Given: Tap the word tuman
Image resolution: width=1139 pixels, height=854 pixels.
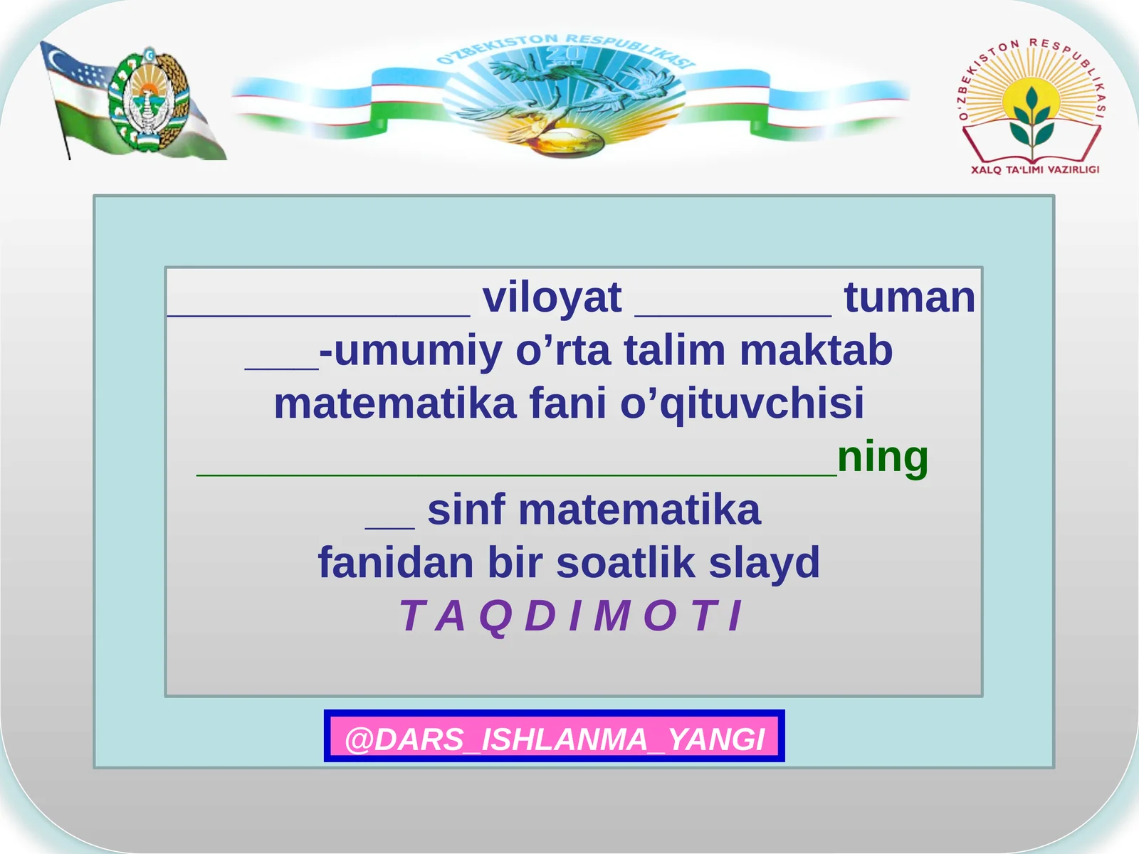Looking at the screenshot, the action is pos(910,297).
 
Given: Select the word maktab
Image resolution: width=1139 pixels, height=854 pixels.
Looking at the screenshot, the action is pos(816,351).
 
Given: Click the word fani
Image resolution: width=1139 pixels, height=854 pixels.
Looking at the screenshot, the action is pos(567,403).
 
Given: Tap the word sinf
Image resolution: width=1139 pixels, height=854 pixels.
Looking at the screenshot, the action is pos(466,510).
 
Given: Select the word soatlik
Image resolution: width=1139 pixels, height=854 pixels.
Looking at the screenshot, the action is pos(625,563).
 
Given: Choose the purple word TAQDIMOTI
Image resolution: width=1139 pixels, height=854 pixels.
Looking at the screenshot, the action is pos(572,616).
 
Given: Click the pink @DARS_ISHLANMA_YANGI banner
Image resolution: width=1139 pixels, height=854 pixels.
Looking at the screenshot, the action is pos(554,736).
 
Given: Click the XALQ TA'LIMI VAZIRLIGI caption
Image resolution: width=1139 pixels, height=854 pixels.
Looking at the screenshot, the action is pos(1035,169).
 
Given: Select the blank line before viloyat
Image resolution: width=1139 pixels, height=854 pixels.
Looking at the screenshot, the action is pos(319,315).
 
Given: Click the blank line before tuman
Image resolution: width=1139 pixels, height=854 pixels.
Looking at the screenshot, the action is pos(733,315).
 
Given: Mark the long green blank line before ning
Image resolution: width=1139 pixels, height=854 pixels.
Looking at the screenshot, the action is pos(517,474).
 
